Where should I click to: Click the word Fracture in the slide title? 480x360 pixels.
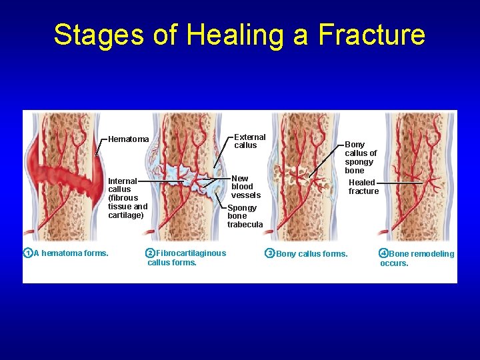[x=372, y=35]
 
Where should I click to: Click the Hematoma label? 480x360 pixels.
[x=129, y=139]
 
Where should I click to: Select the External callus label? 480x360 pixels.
[x=250, y=141]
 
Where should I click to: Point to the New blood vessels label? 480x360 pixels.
[x=246, y=187]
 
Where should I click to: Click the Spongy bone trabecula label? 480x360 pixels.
[x=245, y=216]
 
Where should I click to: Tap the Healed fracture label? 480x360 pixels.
[x=363, y=187]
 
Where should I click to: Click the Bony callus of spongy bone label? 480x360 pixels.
[x=360, y=157]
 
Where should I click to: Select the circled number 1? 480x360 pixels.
[x=27, y=253]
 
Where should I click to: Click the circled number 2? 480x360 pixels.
[x=150, y=253]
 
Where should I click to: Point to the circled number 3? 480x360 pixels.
[x=269, y=253]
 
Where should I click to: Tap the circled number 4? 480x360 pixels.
[x=383, y=253]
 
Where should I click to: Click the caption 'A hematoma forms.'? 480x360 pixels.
[x=71, y=253]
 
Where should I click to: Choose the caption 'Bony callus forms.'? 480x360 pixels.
[x=311, y=254]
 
